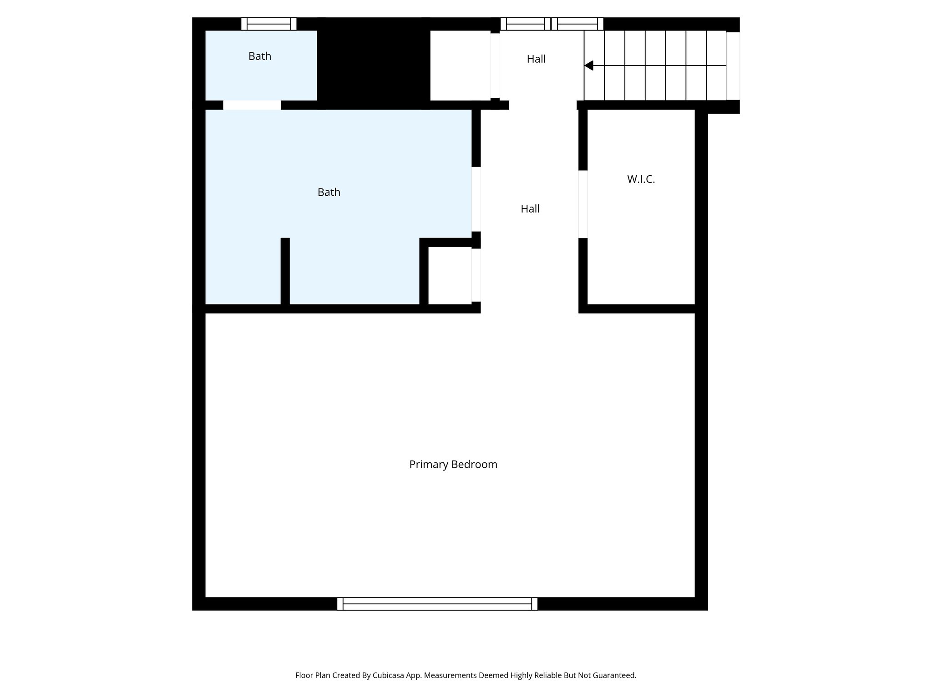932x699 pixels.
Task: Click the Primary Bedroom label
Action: [x=453, y=465]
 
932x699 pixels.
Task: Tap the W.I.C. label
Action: [x=641, y=179]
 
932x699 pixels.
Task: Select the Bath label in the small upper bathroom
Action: [x=260, y=56]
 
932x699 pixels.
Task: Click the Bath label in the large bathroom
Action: [x=329, y=192]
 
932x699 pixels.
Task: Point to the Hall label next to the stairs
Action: [x=536, y=59]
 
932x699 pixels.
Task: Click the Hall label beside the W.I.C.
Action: [x=530, y=209]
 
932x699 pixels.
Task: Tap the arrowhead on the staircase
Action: [x=589, y=66]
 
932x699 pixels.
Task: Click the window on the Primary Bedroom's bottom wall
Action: [x=437, y=604]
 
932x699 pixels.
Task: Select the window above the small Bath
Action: [x=268, y=24]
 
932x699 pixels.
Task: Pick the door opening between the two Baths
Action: [x=252, y=105]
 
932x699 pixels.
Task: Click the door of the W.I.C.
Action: [x=583, y=204]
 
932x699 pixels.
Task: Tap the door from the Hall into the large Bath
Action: [x=476, y=199]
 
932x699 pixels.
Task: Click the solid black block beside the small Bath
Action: [x=373, y=64]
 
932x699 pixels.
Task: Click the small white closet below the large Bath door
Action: [x=450, y=275]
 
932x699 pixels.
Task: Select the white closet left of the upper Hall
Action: [x=460, y=65]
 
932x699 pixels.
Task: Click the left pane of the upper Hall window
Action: [x=525, y=24]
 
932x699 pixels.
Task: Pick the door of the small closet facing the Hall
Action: [x=476, y=275]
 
